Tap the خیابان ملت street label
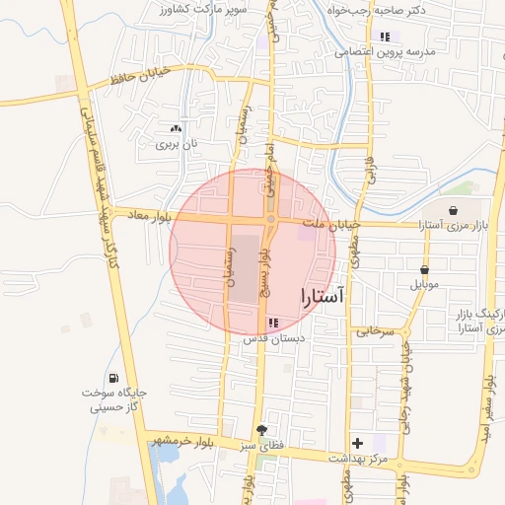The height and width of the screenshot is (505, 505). pyautogui.click(x=331, y=226)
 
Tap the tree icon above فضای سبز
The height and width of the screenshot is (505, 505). pyautogui.click(x=261, y=430)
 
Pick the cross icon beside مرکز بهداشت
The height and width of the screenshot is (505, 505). pyautogui.click(x=357, y=443)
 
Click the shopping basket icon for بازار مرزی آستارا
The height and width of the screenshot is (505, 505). pyautogui.click(x=453, y=210)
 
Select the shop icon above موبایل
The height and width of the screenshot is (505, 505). pyautogui.click(x=425, y=269)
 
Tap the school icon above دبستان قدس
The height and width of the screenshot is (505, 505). pyautogui.click(x=273, y=323)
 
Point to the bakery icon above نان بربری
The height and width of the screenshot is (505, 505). pyautogui.click(x=176, y=128)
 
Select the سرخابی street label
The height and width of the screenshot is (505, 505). pyautogui.click(x=375, y=332)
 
